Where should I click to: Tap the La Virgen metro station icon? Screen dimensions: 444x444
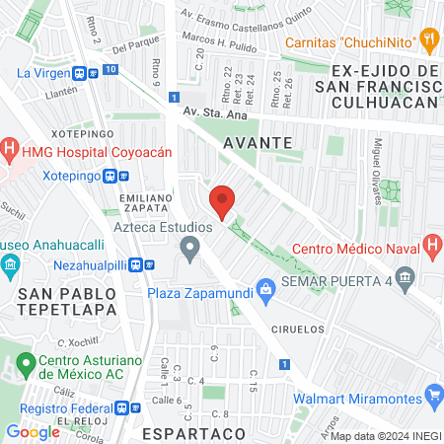point(92,72)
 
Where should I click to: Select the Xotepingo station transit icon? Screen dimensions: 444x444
point(111,177)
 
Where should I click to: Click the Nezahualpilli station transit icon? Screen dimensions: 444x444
point(148,264)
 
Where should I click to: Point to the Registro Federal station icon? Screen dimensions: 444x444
point(124,407)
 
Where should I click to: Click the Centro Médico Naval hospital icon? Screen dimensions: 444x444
point(431,245)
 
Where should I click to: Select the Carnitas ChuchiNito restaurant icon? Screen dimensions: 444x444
point(428,41)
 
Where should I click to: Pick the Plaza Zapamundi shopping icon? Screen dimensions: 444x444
point(264,290)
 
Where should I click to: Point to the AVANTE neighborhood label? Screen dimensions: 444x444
point(258,142)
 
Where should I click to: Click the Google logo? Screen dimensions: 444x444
point(33,431)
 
